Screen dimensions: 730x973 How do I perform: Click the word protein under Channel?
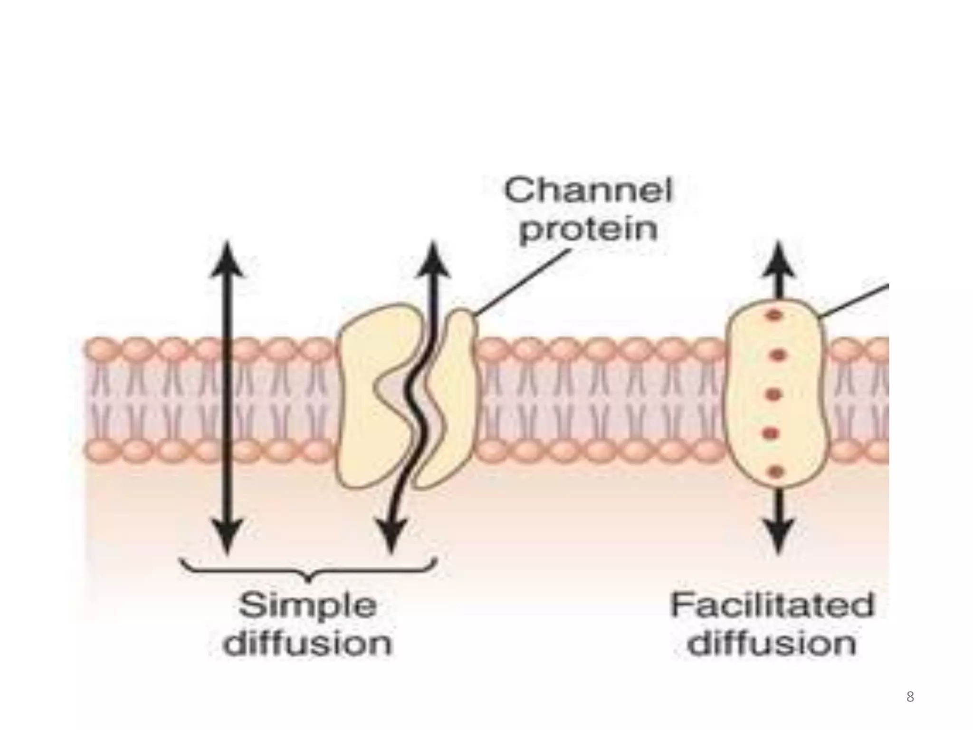coord(588,231)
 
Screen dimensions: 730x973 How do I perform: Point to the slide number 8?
coord(910,697)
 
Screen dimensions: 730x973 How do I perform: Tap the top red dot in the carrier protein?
coord(774,315)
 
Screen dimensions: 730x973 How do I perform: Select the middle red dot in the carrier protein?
coord(774,394)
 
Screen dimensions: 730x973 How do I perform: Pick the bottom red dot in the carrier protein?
coord(775,471)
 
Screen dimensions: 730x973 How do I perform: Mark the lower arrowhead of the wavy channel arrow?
coord(391,536)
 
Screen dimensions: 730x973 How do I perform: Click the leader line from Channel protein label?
coord(523,282)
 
